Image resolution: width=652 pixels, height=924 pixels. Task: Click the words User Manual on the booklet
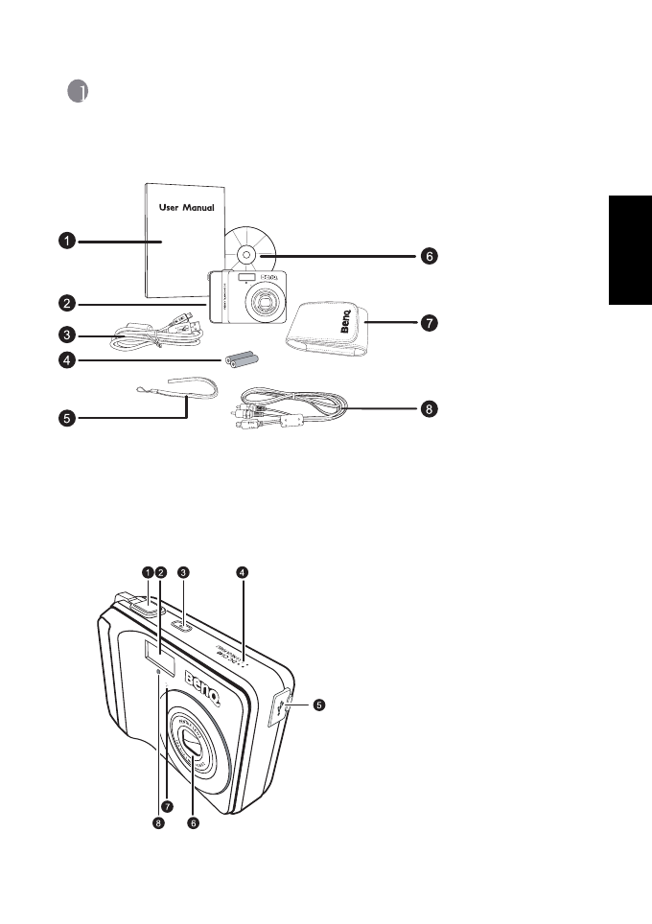pos(186,207)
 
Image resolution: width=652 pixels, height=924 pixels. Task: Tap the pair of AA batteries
pos(242,360)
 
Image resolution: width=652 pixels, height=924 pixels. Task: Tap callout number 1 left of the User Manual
pos(64,243)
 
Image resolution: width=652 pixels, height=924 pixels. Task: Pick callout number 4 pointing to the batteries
pos(64,361)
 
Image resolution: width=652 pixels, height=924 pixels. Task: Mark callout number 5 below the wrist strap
pos(64,419)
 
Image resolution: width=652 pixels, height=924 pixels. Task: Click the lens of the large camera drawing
pos(192,743)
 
